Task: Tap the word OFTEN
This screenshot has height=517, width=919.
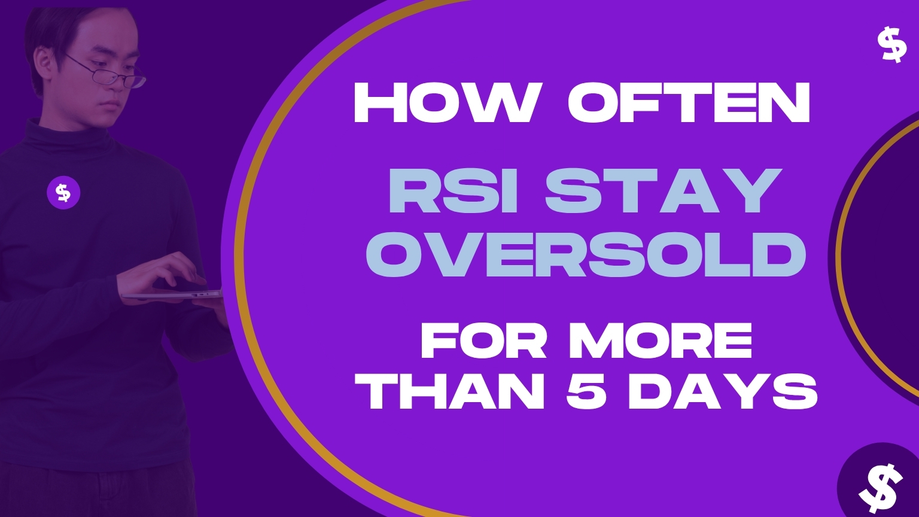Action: coord(689,102)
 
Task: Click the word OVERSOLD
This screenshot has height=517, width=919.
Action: coord(586,255)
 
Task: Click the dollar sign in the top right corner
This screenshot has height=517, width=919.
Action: coord(891,45)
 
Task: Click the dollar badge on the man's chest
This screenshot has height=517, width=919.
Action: coord(63,193)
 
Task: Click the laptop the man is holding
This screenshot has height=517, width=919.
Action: coord(172,295)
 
